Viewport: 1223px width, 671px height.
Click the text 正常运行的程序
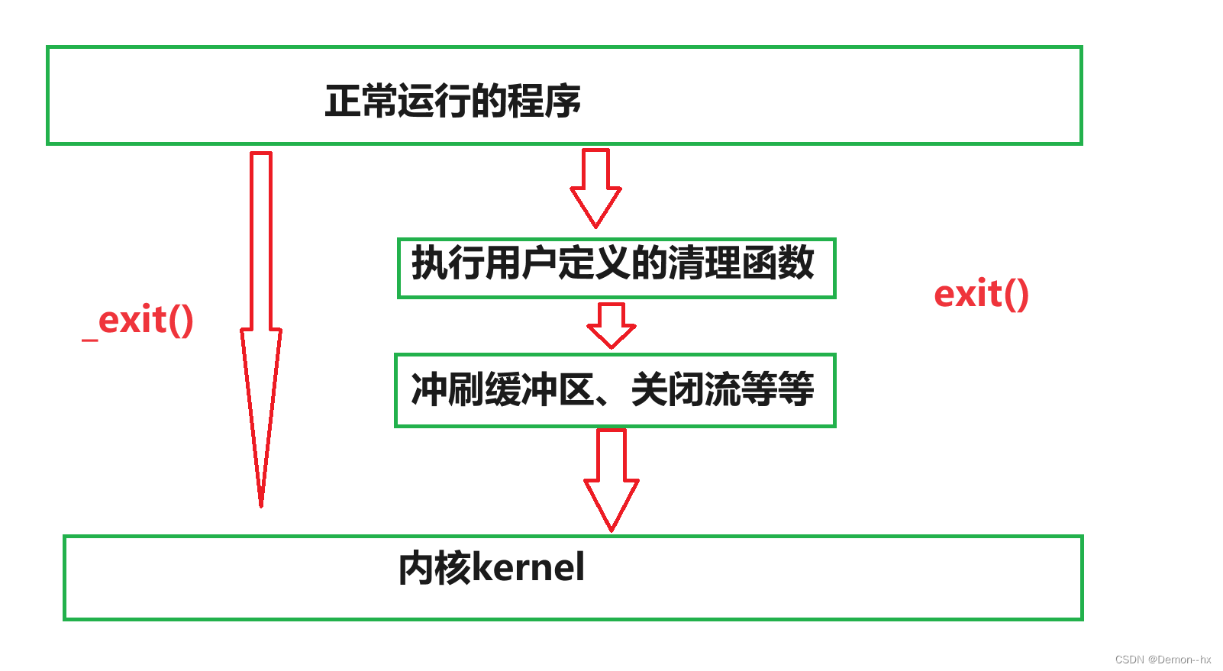coord(453,101)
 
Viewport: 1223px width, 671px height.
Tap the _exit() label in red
coord(138,321)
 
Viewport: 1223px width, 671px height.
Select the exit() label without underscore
coord(981,295)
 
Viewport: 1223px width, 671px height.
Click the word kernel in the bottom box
coord(528,568)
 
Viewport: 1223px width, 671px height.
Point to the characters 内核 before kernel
coord(434,568)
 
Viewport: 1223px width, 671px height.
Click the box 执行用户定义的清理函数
coord(616,267)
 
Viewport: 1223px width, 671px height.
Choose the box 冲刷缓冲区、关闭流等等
coord(615,390)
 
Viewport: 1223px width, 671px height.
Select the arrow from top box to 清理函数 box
coord(595,187)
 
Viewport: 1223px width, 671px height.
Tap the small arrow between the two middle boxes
coord(611,325)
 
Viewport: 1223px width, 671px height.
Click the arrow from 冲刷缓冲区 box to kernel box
coord(611,478)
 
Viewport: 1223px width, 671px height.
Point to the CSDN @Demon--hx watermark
coord(1163,660)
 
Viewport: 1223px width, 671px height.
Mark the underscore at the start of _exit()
coord(90,338)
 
